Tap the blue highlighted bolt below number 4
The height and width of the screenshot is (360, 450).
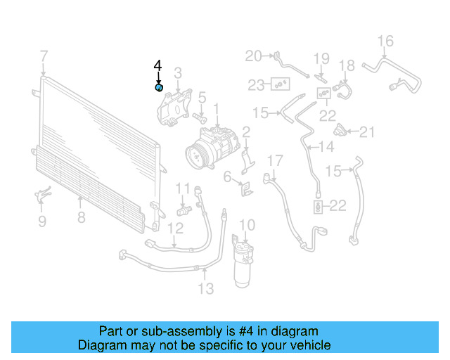(159, 87)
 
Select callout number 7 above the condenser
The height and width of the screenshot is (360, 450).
(44, 56)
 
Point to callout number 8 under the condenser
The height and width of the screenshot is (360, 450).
(81, 217)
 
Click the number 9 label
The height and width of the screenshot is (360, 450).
(41, 222)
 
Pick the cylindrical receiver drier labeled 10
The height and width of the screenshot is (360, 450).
(244, 264)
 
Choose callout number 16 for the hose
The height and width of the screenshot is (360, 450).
(386, 40)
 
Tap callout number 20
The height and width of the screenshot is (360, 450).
(253, 56)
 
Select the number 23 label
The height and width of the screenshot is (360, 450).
(256, 85)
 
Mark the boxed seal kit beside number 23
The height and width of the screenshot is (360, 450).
(280, 85)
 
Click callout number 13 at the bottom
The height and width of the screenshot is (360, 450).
(205, 288)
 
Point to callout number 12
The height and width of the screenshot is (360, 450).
(176, 227)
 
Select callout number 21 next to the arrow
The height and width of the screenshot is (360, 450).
(368, 131)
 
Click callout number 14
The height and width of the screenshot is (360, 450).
(326, 147)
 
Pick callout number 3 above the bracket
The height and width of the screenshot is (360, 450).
(178, 72)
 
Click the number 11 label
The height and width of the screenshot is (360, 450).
(183, 188)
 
